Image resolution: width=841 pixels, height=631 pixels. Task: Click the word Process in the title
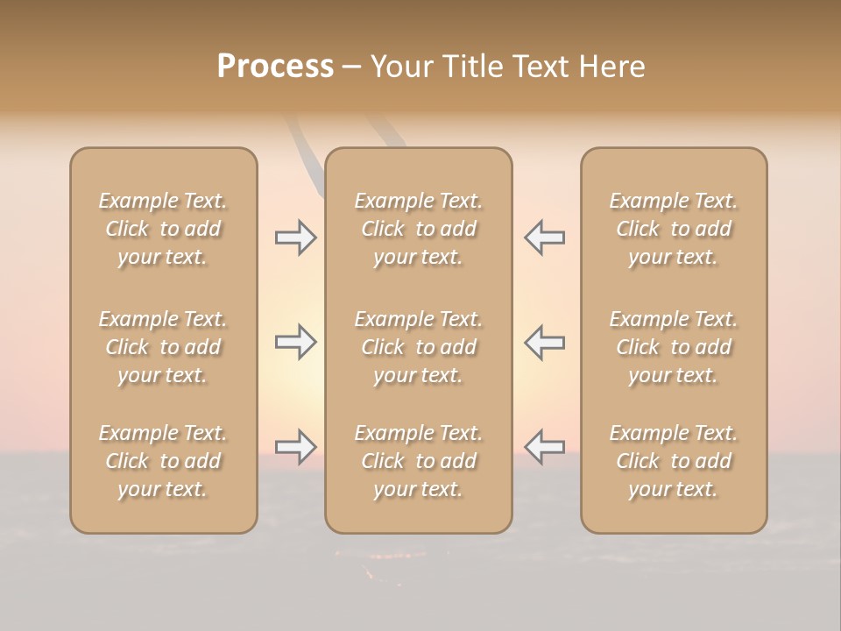click(x=275, y=67)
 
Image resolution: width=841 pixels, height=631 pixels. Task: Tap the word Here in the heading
click(x=613, y=67)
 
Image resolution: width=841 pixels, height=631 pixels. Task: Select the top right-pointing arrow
click(x=295, y=238)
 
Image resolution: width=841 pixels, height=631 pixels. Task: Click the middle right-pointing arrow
click(x=295, y=342)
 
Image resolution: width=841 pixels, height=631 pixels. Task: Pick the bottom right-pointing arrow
click(x=295, y=447)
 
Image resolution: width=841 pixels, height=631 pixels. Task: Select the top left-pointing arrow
click(x=544, y=238)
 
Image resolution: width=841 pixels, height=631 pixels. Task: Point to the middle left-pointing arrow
click(x=544, y=342)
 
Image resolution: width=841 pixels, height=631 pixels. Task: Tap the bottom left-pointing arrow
click(x=544, y=447)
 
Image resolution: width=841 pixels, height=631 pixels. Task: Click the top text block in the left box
click(x=163, y=229)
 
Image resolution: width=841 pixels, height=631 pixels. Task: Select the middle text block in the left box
click(x=163, y=347)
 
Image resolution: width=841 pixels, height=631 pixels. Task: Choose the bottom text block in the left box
click(x=163, y=461)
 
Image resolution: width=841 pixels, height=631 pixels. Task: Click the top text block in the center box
click(x=418, y=229)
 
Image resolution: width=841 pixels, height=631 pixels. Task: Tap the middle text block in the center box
click(x=418, y=347)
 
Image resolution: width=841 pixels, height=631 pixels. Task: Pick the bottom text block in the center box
click(x=418, y=461)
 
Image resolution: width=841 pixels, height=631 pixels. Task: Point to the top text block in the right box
click(x=673, y=229)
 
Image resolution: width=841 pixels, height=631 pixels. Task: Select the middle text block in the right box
click(x=673, y=347)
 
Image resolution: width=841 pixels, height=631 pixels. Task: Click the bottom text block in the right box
click(x=673, y=461)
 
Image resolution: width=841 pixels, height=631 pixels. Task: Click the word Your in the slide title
click(x=401, y=67)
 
